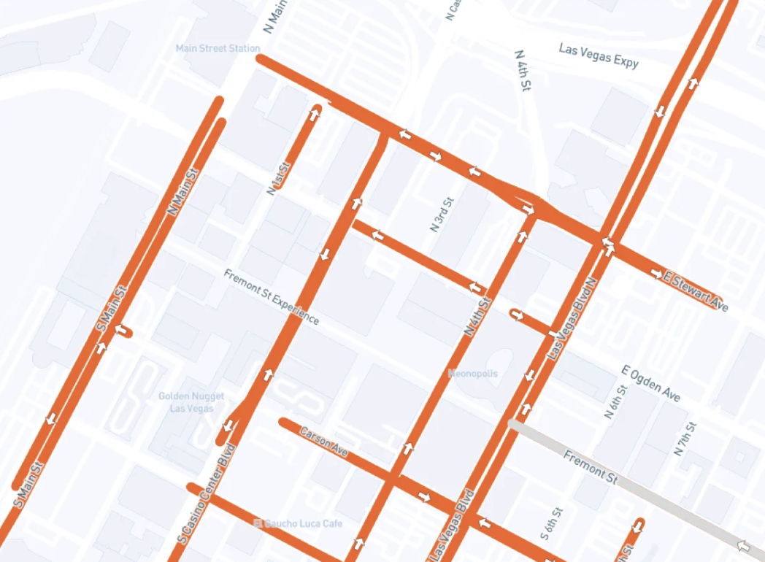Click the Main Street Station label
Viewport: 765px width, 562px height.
(x=218, y=49)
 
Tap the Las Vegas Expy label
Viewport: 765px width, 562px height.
(x=599, y=55)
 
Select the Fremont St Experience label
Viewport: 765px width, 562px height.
(x=271, y=297)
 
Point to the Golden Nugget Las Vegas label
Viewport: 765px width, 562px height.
(x=186, y=402)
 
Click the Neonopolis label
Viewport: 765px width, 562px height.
(x=473, y=374)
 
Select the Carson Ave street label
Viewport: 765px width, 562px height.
(x=323, y=442)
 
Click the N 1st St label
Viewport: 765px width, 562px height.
(x=279, y=178)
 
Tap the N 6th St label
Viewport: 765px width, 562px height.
(x=615, y=401)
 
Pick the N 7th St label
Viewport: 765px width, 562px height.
(x=687, y=438)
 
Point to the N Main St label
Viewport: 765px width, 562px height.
(x=182, y=192)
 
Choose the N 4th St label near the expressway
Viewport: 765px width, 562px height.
(x=522, y=71)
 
